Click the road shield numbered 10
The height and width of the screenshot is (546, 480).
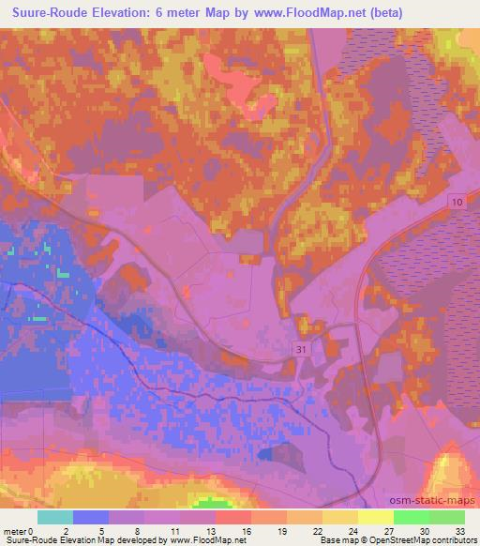coord(457,203)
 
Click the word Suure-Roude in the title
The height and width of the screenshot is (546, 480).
coord(45,14)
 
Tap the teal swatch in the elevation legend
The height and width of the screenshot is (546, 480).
coord(55,517)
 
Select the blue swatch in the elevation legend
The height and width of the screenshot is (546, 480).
coord(91,517)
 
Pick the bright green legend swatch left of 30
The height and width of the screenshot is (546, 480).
coord(411,517)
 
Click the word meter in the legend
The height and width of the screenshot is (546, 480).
coord(17,530)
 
